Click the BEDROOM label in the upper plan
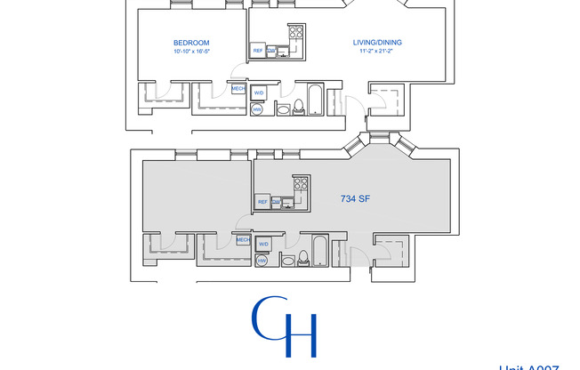[191, 43]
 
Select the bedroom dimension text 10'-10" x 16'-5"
[191, 52]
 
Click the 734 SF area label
[354, 199]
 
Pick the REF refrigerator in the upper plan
[258, 51]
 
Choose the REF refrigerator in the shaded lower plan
[262, 202]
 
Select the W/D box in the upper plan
[260, 92]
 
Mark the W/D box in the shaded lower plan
[263, 244]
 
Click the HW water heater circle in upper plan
[257, 109]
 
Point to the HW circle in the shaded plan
[262, 261]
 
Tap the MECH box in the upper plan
[238, 89]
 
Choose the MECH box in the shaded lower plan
[242, 239]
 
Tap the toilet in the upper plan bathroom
[300, 108]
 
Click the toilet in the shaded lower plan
[303, 258]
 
